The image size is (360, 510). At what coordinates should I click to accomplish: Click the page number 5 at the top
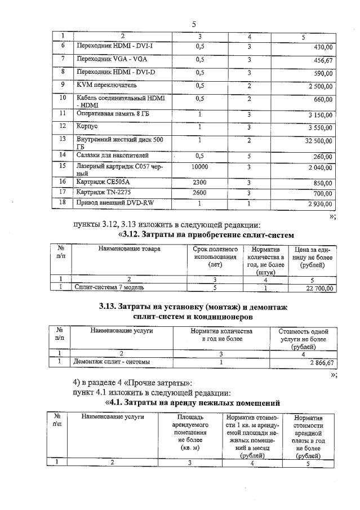tap(193, 24)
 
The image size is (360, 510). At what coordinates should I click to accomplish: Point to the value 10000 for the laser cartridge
tap(199, 167)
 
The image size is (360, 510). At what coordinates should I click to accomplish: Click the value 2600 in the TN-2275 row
tap(199, 192)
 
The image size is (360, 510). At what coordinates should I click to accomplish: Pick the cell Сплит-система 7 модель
tap(109, 287)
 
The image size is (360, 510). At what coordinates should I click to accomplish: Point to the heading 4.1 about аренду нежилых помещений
tap(192, 403)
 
